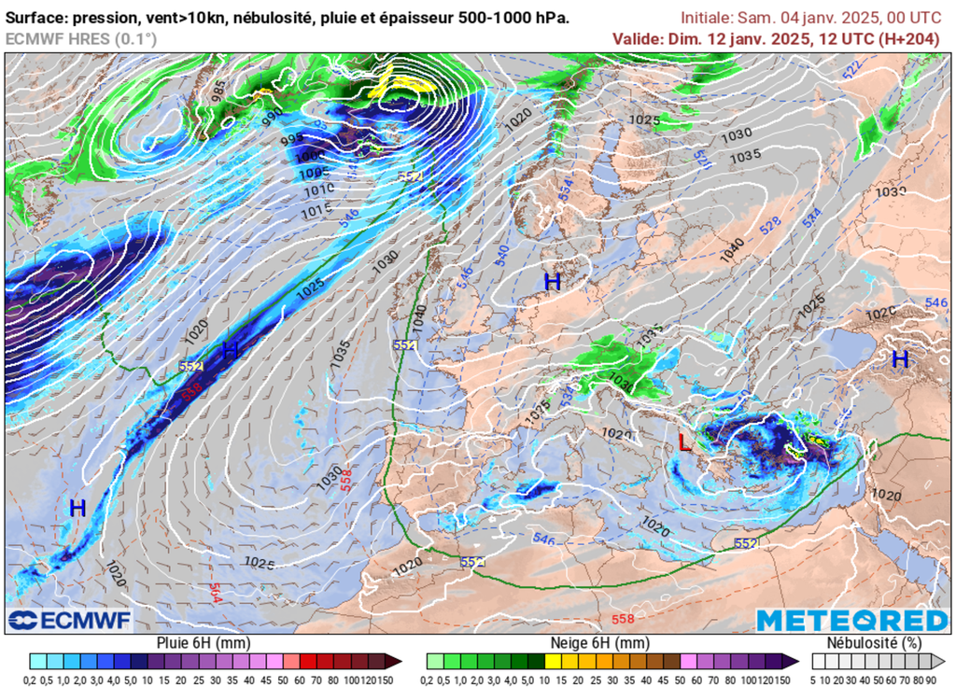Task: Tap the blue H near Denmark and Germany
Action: pos(553,281)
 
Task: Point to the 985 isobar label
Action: pos(218,91)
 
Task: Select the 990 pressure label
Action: pos(272,117)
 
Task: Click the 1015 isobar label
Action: pos(318,212)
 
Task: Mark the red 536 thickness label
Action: pos(191,393)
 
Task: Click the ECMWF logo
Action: pos(70,621)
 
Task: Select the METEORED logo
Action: pos(851,621)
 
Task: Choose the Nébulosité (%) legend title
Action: pos(875,643)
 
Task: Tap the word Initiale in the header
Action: pos(706,18)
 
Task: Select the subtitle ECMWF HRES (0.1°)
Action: pos(81,38)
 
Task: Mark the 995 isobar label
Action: pos(291,138)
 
